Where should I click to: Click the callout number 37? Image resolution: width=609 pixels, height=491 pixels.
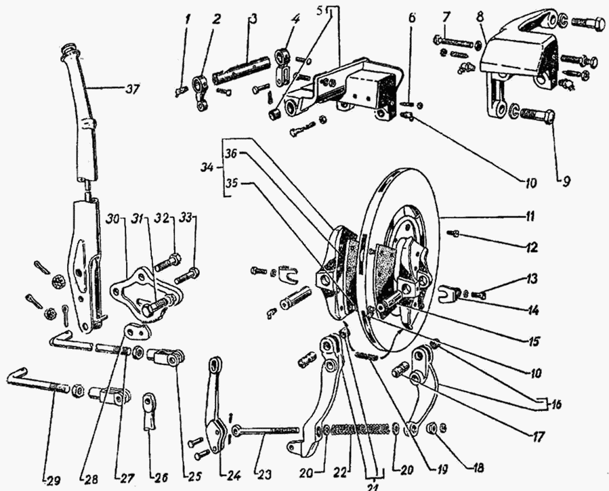pos(133,89)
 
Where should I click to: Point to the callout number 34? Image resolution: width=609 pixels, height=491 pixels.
pos(208,168)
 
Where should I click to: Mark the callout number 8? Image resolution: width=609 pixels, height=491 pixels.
pos(480,17)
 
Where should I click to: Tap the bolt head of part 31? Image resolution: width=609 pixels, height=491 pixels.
pos(148,310)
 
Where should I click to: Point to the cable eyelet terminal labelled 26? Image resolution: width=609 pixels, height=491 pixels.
pos(149,411)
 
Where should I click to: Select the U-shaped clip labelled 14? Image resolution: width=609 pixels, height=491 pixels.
pos(448,293)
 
